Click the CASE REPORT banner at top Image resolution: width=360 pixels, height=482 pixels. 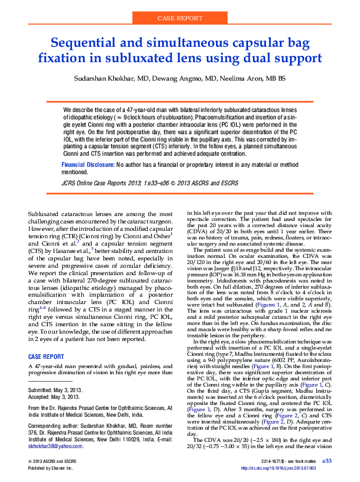click(x=180, y=19)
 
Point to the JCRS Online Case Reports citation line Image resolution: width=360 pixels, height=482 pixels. click(x=150, y=183)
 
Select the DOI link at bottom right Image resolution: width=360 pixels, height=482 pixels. click(x=294, y=468)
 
